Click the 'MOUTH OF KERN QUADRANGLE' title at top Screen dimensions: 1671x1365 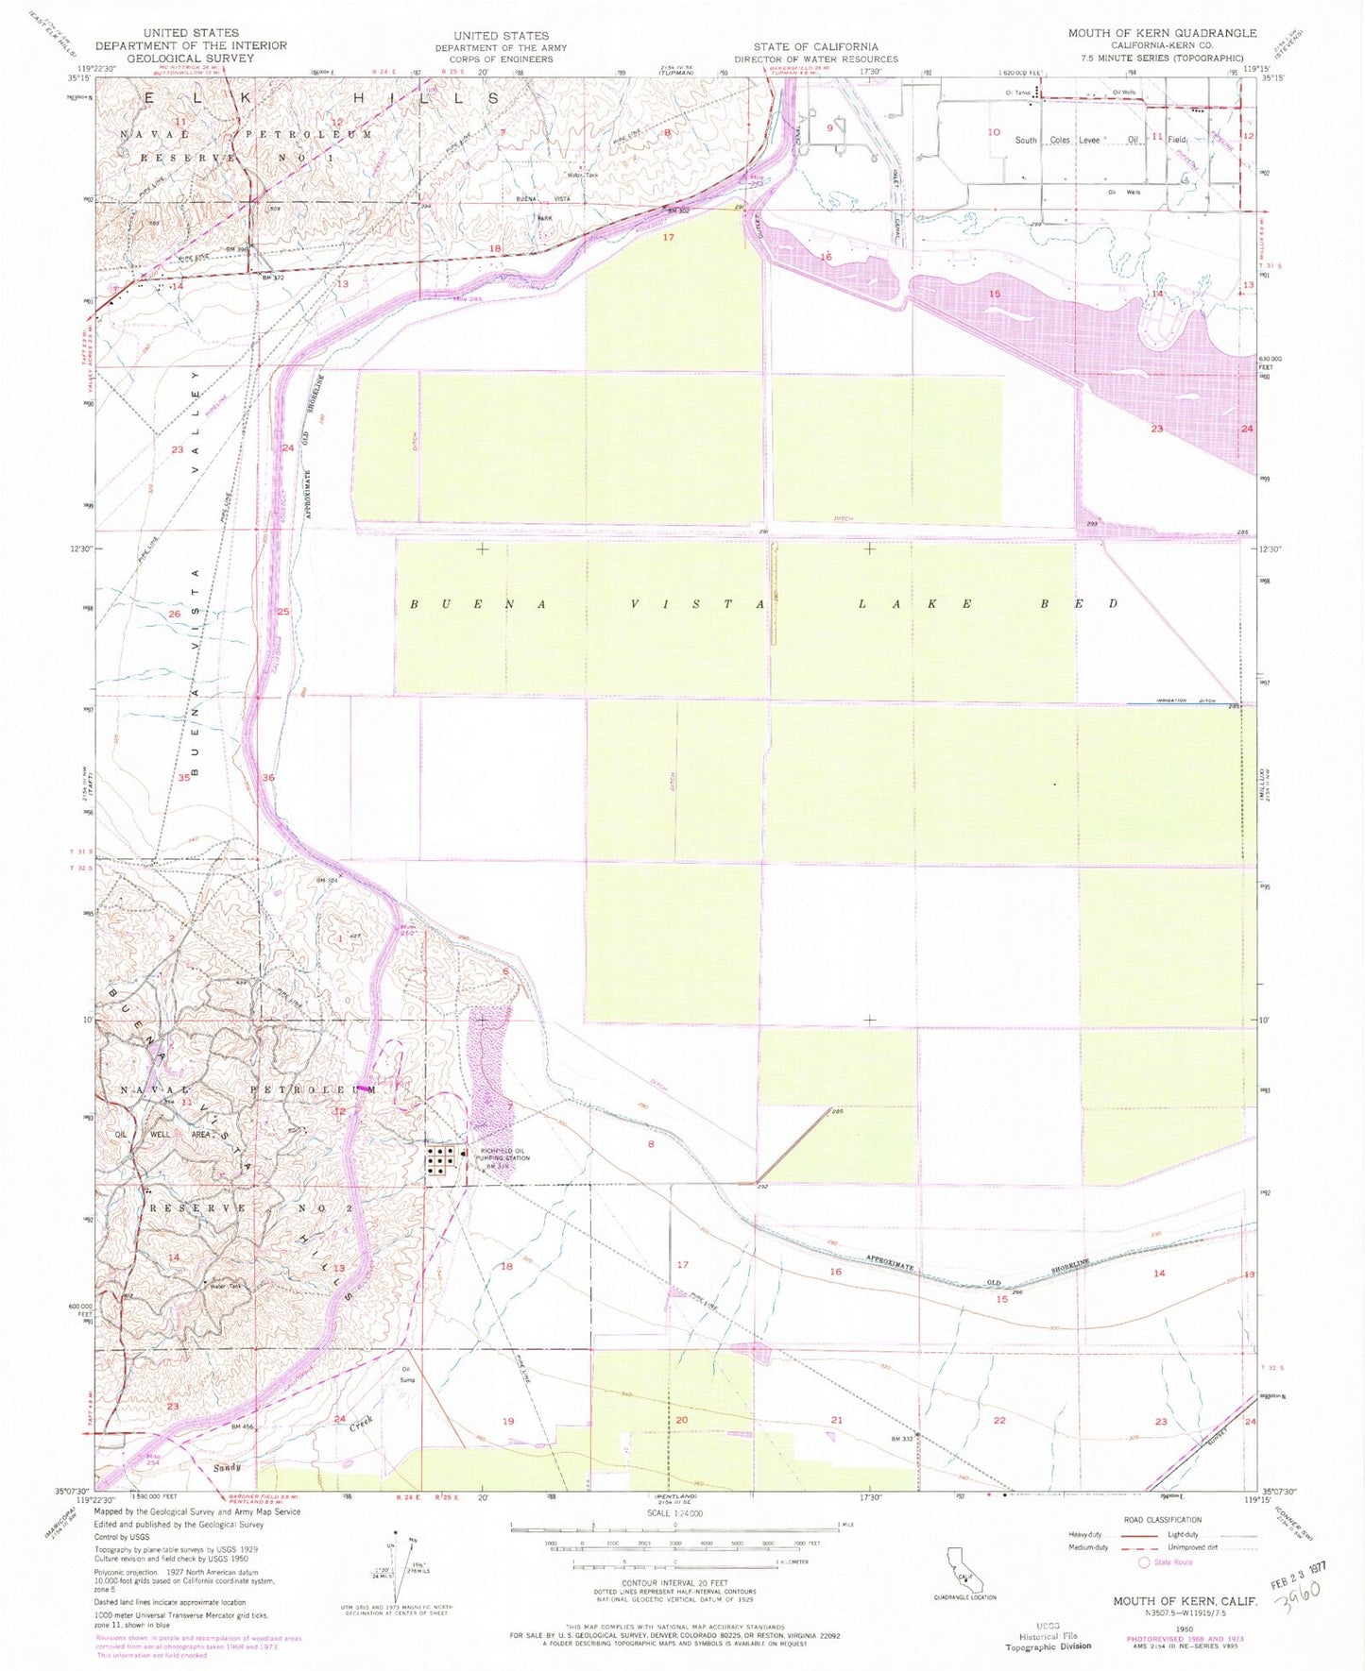tap(1162, 33)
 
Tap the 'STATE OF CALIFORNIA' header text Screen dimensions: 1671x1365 tap(815, 46)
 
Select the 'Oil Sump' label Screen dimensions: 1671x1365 tap(408, 1374)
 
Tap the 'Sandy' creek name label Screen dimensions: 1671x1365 tap(227, 1467)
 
